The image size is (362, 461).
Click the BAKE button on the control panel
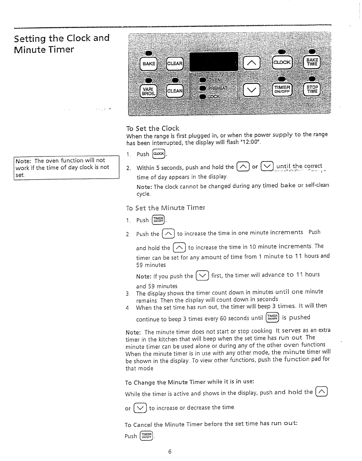148,63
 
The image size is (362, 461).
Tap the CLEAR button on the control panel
174,64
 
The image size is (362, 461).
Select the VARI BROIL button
148,91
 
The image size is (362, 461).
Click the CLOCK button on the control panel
282,62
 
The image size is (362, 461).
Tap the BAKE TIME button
312,62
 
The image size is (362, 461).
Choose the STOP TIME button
312,89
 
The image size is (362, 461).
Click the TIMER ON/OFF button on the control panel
282,89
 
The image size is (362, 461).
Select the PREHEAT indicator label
217,88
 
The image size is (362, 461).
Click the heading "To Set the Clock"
153,128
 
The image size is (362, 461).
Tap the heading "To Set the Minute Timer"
166,208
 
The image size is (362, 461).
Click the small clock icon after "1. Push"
159,154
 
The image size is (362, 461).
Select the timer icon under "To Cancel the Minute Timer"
146,436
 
